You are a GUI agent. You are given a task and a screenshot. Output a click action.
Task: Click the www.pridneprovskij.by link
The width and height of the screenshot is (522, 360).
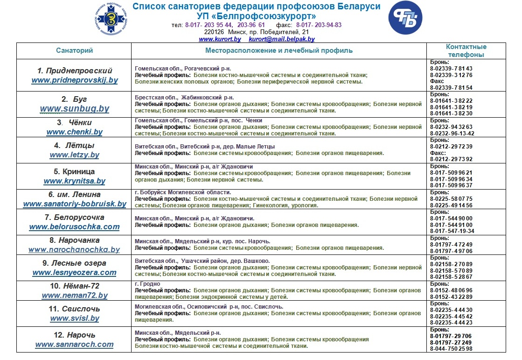tap(75, 80)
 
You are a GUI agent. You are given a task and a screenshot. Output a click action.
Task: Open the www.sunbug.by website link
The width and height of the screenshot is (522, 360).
tap(75, 109)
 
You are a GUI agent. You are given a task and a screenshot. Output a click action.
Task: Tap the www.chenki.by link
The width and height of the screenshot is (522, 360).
tap(75, 132)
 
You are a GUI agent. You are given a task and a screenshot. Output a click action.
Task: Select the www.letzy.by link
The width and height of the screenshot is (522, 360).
tap(75, 155)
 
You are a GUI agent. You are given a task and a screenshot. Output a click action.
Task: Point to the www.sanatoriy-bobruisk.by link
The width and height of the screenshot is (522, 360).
tap(75, 204)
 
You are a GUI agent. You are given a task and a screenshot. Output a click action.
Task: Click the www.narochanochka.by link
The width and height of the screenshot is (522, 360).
tap(75, 250)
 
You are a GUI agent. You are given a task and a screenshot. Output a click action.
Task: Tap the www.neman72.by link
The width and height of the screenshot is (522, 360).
tap(75, 295)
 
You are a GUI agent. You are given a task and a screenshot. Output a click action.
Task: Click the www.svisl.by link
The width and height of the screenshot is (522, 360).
tap(75, 318)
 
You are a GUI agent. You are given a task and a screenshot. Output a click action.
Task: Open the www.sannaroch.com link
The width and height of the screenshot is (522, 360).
tap(75, 345)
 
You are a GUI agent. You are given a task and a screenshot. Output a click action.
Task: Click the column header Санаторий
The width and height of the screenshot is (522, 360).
tap(75, 50)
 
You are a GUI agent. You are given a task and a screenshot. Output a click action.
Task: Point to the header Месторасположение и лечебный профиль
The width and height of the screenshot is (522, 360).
tap(279, 50)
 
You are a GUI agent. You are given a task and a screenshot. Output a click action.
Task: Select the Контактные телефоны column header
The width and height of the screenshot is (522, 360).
tap(466, 50)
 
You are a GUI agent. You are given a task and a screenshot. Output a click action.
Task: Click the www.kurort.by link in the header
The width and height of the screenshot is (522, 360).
tap(220, 40)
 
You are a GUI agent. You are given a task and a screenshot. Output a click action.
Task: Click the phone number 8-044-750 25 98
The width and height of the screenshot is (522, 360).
tap(452, 348)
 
